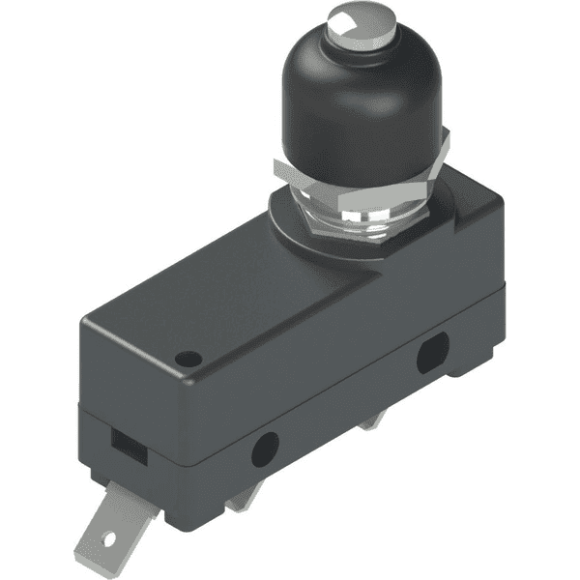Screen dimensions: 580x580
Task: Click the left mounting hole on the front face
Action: pos(264,448)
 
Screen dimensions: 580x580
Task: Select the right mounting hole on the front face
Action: pos(430,356)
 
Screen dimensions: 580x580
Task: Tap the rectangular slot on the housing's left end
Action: pos(123,439)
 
